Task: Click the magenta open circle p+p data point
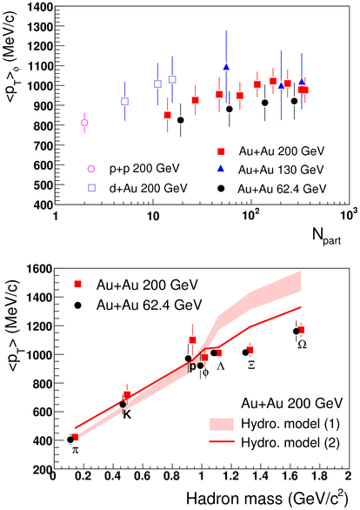pos(84,123)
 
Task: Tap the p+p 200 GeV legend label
pos(144,169)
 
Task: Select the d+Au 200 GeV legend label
pos(148,188)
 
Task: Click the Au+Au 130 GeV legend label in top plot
pos(281,170)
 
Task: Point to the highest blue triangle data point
pos(226,67)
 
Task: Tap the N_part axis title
pos(327,235)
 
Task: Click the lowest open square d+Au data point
pos(124,102)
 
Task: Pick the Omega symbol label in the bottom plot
pos(302,345)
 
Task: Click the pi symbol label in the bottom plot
pos(75,451)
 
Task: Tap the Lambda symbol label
pos(221,366)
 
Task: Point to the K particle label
pos(127,414)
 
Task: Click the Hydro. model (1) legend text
pos(290,424)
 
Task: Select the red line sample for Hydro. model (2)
pos(222,442)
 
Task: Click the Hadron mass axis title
pos(267,499)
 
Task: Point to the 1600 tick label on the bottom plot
pos(41,269)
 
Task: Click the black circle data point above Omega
pos(296,331)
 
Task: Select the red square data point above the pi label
pos(75,437)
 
